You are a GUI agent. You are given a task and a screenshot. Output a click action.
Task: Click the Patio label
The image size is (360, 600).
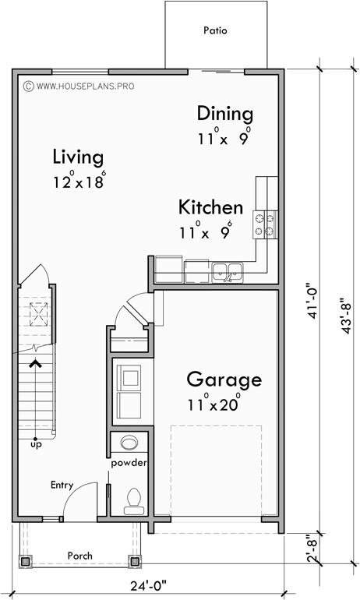click(x=214, y=32)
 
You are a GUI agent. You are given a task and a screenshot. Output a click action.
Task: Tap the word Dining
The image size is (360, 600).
click(x=224, y=113)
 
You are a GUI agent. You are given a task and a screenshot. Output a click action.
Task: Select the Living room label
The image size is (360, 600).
click(x=78, y=157)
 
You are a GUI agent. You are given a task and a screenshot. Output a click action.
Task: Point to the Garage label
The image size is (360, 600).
click(x=224, y=380)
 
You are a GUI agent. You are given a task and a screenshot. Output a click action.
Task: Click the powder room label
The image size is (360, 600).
click(x=129, y=463)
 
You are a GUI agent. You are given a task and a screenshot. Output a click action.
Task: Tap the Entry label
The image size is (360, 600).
click(x=62, y=485)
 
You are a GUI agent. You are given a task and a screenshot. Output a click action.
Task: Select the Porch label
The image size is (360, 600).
click(x=79, y=556)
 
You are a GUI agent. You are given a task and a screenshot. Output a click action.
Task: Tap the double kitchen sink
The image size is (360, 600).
click(x=228, y=272)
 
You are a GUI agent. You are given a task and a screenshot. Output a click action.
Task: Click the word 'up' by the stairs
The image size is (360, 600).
click(x=36, y=444)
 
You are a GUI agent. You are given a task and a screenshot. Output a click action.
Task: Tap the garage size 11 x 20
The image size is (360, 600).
click(x=213, y=404)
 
